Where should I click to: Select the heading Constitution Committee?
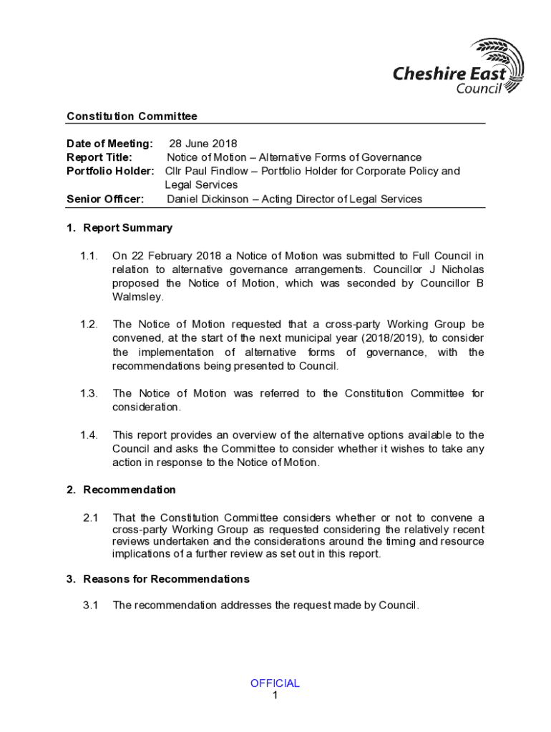coord(132,117)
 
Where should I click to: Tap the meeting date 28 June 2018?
coord(203,144)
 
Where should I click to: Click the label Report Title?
coord(99,157)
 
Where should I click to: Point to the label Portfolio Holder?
coord(110,172)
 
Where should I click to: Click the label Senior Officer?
coord(105,199)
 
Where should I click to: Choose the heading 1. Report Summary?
coord(120,228)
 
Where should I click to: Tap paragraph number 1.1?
coord(89,256)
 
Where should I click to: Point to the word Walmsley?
coord(138,297)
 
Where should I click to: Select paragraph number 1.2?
coord(89,325)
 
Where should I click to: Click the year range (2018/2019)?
coord(392,338)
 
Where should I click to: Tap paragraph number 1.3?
coord(89,393)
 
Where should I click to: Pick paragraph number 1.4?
coord(89,435)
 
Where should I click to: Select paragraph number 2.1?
coord(90,518)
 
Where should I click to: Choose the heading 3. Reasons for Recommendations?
coord(158,579)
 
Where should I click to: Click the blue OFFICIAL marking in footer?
coord(275,683)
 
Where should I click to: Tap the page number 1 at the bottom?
coord(275,695)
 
